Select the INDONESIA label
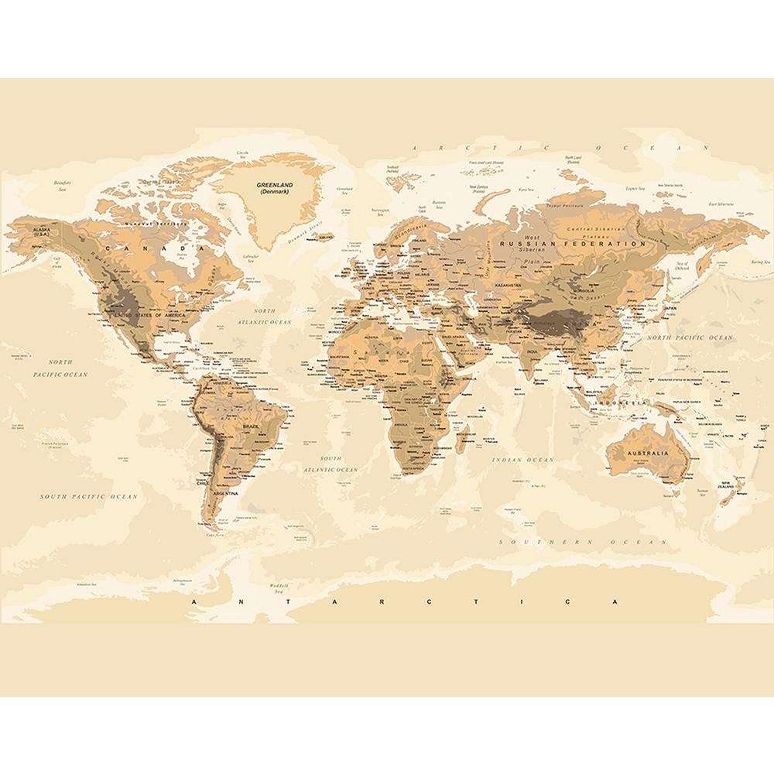pos(621,403)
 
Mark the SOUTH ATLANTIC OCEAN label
pos(330,464)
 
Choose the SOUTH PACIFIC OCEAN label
pos(89,496)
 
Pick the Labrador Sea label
pos(248,259)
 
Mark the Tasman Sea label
pos(702,492)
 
